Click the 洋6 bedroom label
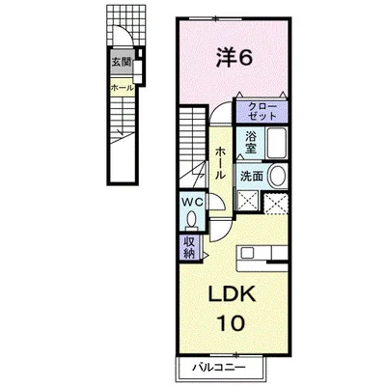click(234, 57)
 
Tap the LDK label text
click(233, 293)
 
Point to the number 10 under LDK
click(232, 323)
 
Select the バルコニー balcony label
click(219, 367)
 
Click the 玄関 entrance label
click(121, 62)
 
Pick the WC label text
click(193, 202)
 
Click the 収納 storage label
click(190, 247)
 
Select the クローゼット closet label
click(262, 111)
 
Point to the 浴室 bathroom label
click(250, 143)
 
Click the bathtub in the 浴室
click(276, 143)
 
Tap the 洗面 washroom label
click(252, 176)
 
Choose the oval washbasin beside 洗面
click(277, 177)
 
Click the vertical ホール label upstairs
click(220, 162)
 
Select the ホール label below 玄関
click(123, 88)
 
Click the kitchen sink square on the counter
click(248, 252)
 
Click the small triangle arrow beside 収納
click(206, 256)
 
